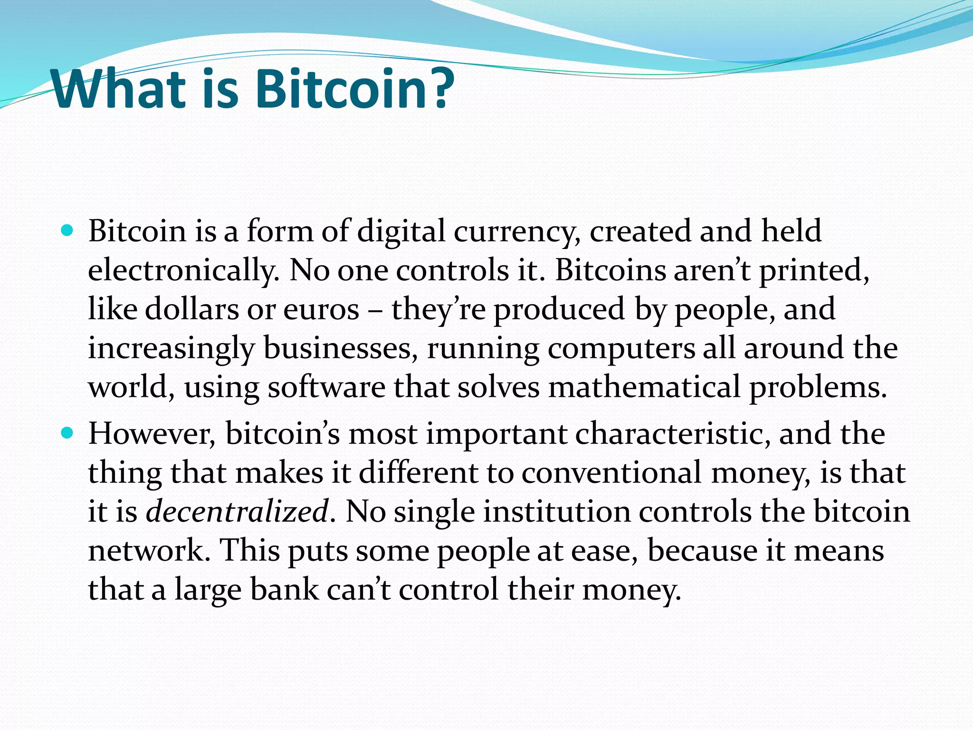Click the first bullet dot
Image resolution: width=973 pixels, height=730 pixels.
67,231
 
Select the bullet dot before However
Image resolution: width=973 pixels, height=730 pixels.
67,433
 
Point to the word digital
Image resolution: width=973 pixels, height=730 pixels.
401,232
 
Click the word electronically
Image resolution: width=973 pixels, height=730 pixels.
183,271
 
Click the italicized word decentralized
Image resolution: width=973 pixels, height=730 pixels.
237,512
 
